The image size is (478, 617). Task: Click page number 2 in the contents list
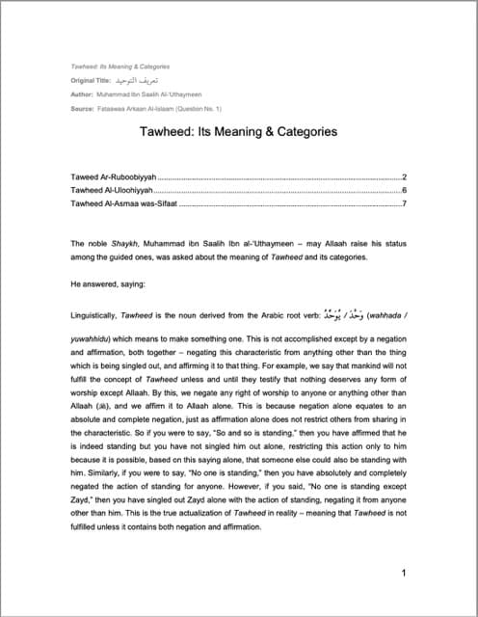[404, 178]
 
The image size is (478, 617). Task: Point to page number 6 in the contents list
[404, 191]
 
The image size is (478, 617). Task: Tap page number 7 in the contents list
[404, 203]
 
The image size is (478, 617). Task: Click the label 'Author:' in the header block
[82, 96]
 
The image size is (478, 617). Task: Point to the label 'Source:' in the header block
[83, 110]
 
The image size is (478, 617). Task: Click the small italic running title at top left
[120, 67]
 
